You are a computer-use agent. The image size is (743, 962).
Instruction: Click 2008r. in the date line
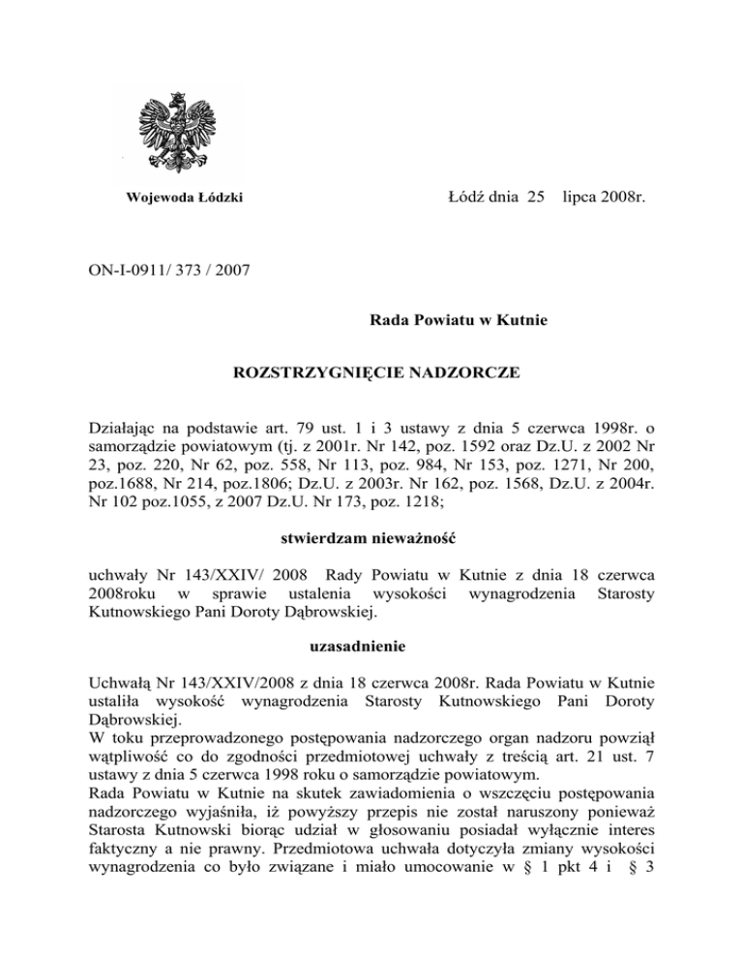pyautogui.click(x=623, y=198)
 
